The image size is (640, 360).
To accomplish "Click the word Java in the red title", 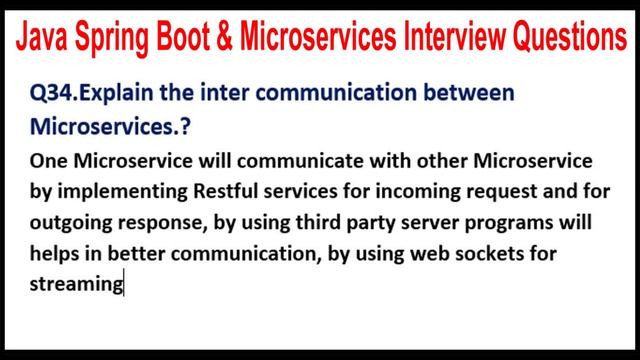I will point(46,39).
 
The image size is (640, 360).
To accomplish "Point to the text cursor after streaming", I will point(124,285).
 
